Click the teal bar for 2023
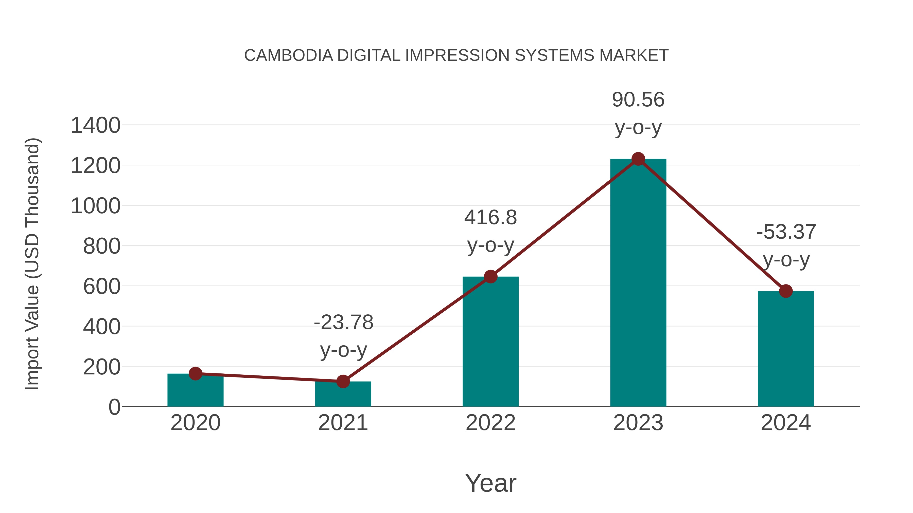[x=638, y=283]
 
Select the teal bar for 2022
[x=490, y=342]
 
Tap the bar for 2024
[x=786, y=349]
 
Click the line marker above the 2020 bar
[x=195, y=373]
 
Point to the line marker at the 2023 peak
[x=638, y=159]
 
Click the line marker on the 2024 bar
[x=786, y=291]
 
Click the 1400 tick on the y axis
[x=95, y=125]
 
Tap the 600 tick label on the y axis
[x=101, y=287]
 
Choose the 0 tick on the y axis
[x=114, y=407]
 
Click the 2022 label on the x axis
[x=490, y=423]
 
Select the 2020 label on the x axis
[x=195, y=423]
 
